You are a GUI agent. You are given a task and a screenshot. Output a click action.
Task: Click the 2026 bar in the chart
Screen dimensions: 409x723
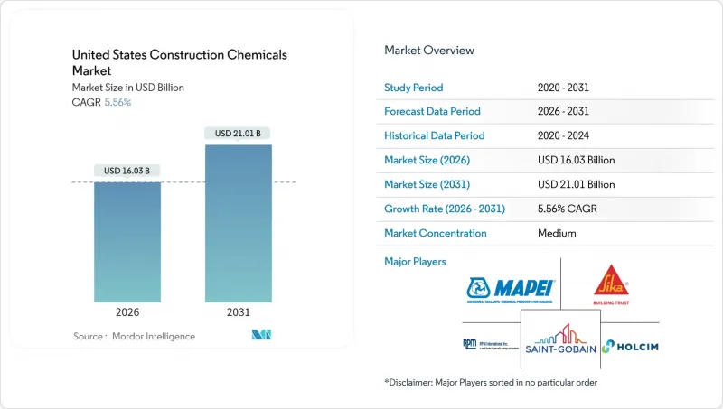pyautogui.click(x=127, y=242)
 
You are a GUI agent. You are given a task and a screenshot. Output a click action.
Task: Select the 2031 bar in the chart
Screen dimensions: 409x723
pyautogui.click(x=239, y=223)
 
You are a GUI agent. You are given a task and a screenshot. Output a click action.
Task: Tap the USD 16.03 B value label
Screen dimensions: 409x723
pyautogui.click(x=127, y=171)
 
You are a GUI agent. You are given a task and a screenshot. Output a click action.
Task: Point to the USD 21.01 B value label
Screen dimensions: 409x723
pyautogui.click(x=239, y=134)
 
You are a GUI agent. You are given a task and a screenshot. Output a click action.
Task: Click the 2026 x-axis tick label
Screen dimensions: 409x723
pyautogui.click(x=127, y=312)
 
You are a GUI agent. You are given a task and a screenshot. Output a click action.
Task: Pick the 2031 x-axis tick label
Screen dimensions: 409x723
pyautogui.click(x=239, y=312)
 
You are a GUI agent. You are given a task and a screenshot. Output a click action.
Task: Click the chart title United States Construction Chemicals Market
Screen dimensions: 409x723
pyautogui.click(x=180, y=62)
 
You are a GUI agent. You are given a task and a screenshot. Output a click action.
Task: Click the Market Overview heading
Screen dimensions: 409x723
pyautogui.click(x=429, y=51)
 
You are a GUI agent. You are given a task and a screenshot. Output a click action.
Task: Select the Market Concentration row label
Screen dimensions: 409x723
pyautogui.click(x=436, y=233)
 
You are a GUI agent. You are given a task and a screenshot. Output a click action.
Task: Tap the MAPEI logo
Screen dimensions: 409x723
pyautogui.click(x=511, y=291)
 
